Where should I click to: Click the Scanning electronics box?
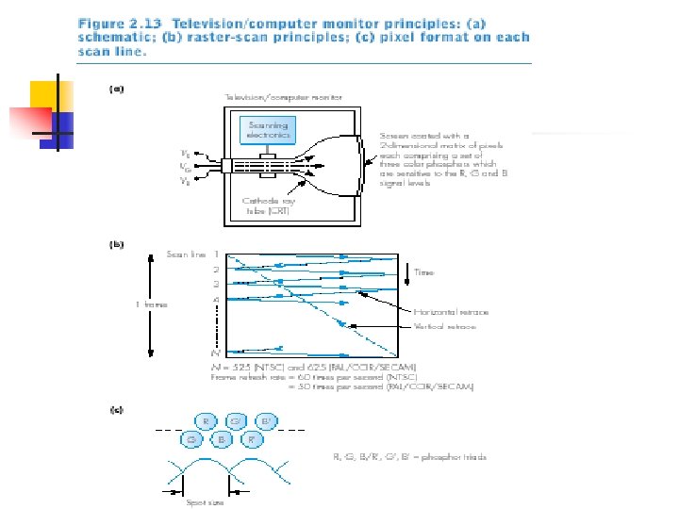269,130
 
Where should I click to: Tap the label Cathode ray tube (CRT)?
268,206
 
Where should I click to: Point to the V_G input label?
187,166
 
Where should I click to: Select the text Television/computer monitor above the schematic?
282,97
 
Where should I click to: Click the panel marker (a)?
117,90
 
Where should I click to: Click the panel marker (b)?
117,245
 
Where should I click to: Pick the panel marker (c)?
117,409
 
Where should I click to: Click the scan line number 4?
217,300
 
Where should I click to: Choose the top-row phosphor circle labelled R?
207,421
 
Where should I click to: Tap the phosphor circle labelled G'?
237,421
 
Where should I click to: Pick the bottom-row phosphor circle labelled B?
222,438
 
